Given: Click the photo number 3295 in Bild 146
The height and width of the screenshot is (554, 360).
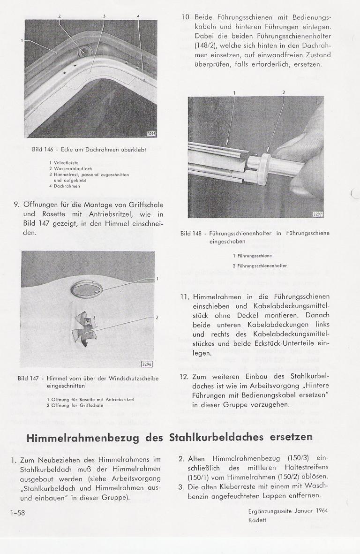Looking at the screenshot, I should [x=151, y=134].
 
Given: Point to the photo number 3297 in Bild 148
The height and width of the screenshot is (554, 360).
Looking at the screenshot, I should [x=318, y=214].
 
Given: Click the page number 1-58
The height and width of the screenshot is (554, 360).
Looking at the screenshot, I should [x=17, y=513].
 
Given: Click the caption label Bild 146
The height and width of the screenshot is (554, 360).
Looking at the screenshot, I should [x=44, y=150].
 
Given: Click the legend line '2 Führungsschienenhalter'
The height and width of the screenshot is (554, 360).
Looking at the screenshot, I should [x=260, y=266].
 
